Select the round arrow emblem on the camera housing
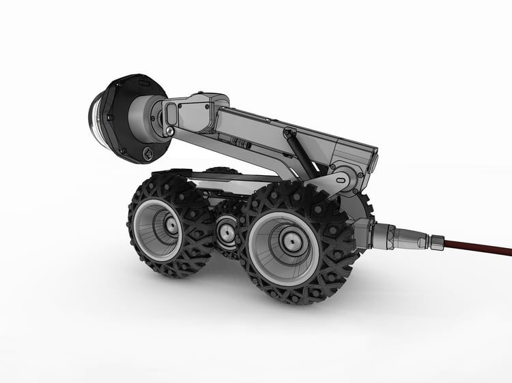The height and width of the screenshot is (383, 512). click(x=146, y=153)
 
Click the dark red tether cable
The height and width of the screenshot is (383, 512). click(x=478, y=245)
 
